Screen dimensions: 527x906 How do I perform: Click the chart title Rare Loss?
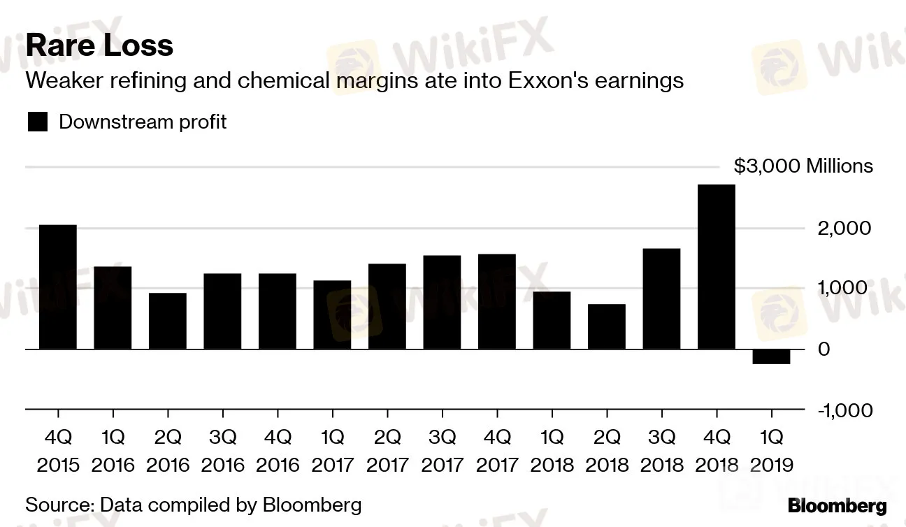[99, 46]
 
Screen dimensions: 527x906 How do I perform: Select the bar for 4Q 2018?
[717, 266]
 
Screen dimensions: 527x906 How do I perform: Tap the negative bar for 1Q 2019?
[772, 356]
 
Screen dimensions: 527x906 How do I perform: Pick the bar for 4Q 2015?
[58, 287]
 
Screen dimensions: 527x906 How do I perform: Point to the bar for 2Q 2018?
[607, 326]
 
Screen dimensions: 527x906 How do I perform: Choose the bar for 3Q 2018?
[661, 298]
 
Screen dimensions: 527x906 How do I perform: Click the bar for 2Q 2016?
[168, 321]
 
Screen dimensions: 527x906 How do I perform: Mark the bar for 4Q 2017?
[497, 301]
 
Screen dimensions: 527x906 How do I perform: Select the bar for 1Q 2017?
[332, 315]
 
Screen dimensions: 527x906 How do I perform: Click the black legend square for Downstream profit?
[38, 122]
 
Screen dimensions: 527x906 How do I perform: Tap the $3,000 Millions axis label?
[803, 166]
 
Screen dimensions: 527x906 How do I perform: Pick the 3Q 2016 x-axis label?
[223, 451]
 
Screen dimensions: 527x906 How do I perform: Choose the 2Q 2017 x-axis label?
[387, 451]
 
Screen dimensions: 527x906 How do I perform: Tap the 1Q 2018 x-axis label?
[552, 451]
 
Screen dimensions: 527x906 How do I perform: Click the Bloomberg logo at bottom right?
[837, 506]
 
